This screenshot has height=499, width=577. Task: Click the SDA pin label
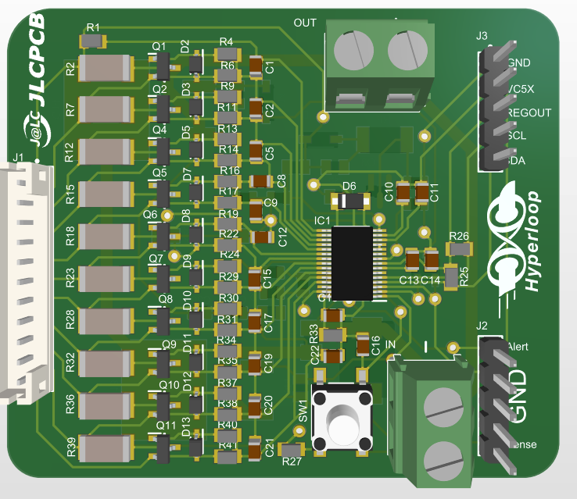click(x=518, y=161)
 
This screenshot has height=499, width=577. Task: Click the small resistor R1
click(x=93, y=39)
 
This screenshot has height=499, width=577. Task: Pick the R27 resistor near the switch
click(x=292, y=450)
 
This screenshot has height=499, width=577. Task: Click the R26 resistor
click(x=459, y=249)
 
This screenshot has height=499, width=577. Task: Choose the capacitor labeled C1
click(x=256, y=66)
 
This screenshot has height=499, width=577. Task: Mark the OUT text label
click(x=305, y=23)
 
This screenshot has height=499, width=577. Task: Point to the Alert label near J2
click(x=518, y=345)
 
